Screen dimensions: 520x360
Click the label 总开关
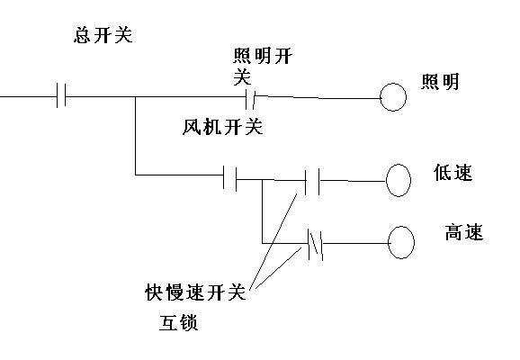[x=103, y=35]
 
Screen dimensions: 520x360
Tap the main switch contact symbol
[x=61, y=96]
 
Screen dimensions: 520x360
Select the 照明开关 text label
[x=262, y=67]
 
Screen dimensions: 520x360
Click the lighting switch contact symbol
[x=250, y=99]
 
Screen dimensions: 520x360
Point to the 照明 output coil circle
[x=393, y=97]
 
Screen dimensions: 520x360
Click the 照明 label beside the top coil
[x=440, y=82]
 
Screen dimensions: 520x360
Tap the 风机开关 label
[x=222, y=127]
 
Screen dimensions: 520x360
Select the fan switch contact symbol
[x=230, y=178]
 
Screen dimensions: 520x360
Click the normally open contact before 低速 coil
[x=312, y=181]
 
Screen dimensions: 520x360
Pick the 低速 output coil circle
[x=399, y=180]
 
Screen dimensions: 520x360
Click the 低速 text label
[x=453, y=173]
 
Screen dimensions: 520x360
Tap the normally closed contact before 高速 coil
[x=315, y=244]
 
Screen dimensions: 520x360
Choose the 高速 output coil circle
[x=401, y=242]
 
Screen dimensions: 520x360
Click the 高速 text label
[x=463, y=232]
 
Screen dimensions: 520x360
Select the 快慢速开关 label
[x=195, y=292]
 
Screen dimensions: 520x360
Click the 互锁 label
[x=178, y=322]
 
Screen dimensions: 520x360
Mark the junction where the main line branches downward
[x=135, y=97]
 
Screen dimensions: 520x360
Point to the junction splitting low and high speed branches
[x=263, y=180]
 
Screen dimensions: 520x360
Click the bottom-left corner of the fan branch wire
[x=135, y=175]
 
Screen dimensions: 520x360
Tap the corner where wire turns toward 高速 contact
[x=263, y=244]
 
